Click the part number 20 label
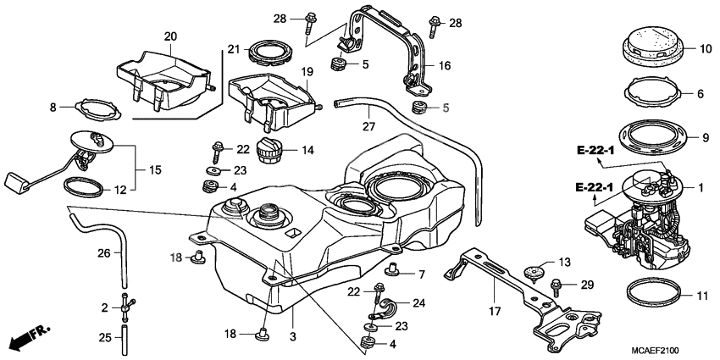pyautogui.click(x=170, y=36)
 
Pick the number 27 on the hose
pyautogui.click(x=368, y=126)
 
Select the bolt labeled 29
pyautogui.click(x=557, y=286)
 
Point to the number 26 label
pyautogui.click(x=103, y=252)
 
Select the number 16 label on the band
pyautogui.click(x=445, y=64)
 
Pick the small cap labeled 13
pyautogui.click(x=532, y=274)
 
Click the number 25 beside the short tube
pyautogui.click(x=104, y=337)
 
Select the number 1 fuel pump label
pyautogui.click(x=701, y=186)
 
